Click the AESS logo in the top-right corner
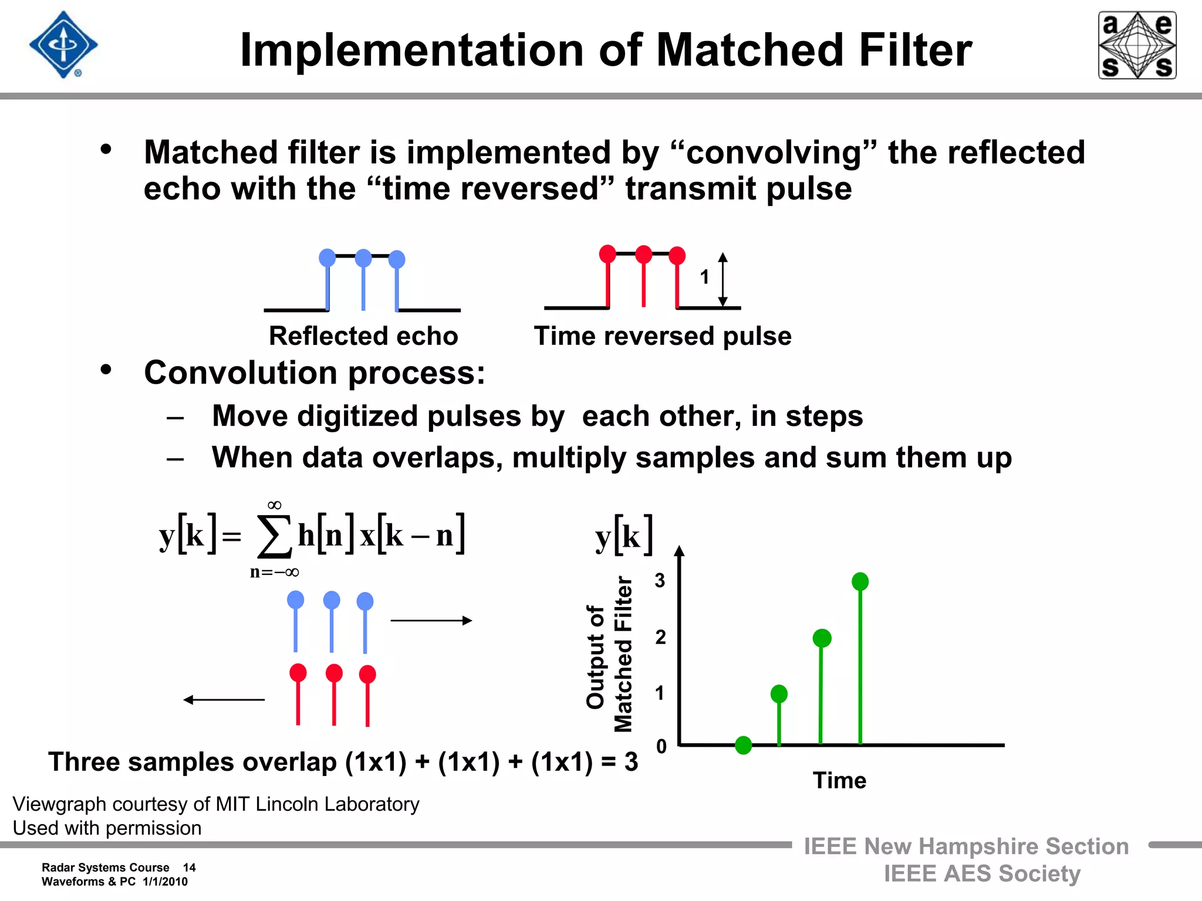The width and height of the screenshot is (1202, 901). (1137, 45)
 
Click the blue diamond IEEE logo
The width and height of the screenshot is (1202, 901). (63, 45)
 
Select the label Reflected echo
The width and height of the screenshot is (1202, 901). (363, 336)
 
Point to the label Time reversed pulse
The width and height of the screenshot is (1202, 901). (663, 336)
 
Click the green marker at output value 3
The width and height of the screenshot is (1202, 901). (860, 581)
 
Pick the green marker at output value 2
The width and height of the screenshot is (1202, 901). (822, 638)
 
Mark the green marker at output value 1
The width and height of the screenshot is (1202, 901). (779, 694)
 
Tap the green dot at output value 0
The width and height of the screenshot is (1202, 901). (743, 745)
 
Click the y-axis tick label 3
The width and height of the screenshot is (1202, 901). (660, 580)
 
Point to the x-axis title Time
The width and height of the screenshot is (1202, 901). (839, 781)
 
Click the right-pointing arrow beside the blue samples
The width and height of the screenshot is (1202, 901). (431, 621)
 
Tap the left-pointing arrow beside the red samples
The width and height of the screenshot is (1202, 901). (224, 699)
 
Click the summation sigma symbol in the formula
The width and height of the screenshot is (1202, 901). (274, 536)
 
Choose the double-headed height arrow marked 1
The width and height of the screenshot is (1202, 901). (723, 280)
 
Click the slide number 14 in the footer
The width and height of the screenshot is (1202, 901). (189, 868)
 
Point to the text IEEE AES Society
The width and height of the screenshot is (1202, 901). (982, 873)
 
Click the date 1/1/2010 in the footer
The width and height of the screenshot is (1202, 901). (165, 882)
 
